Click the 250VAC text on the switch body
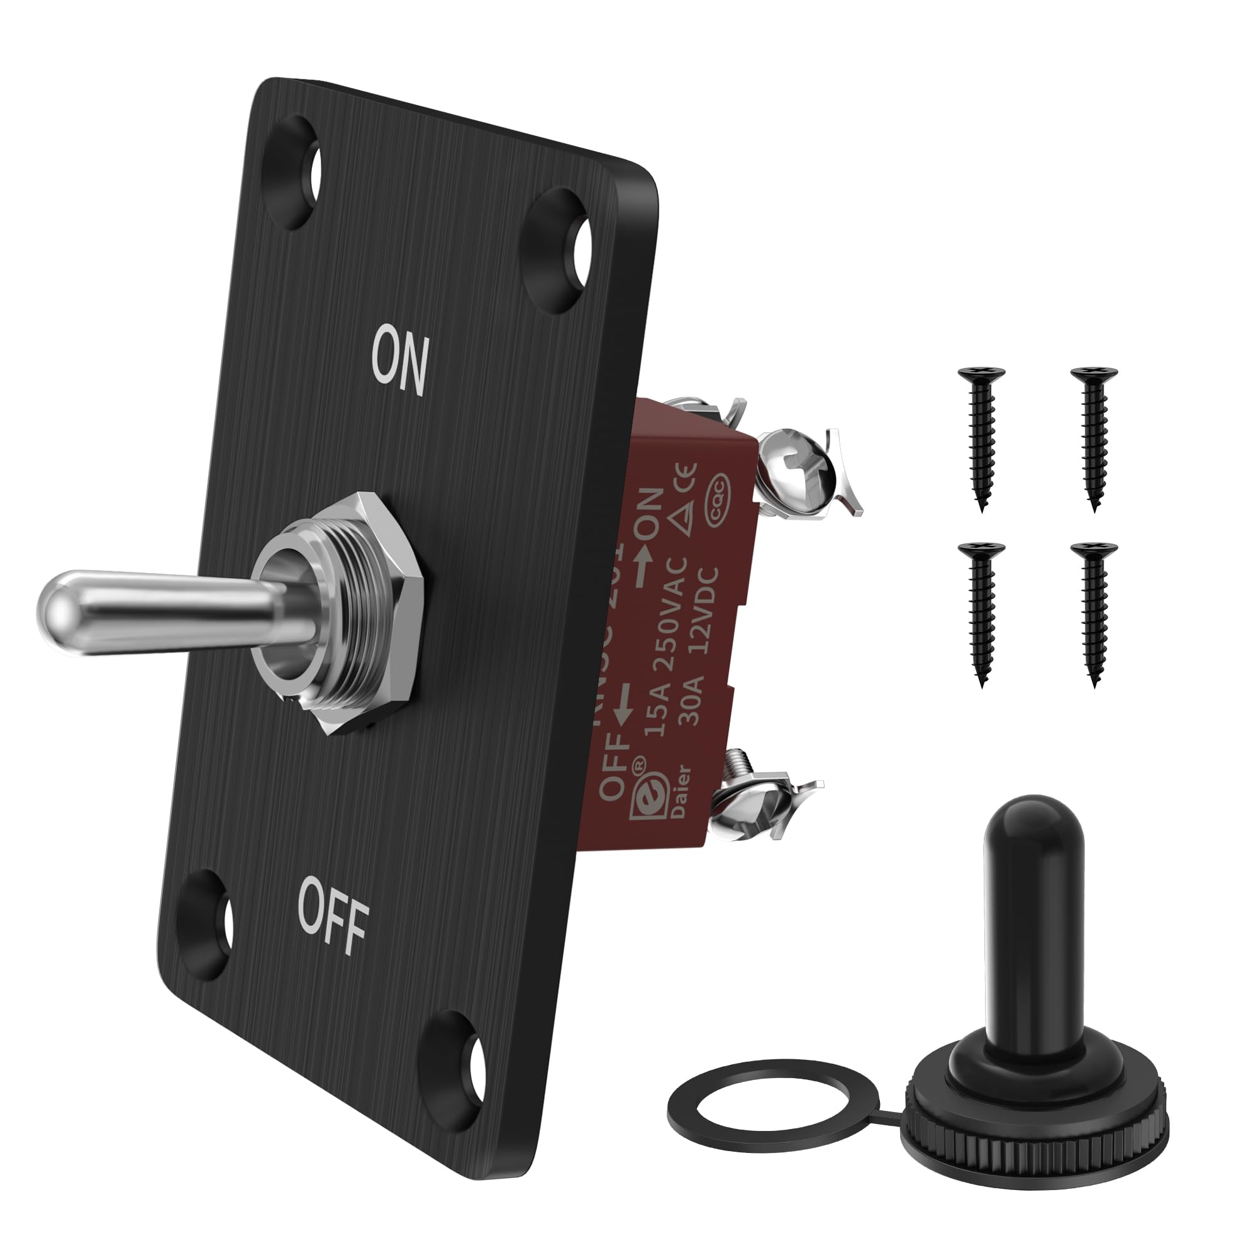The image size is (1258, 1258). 665,612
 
